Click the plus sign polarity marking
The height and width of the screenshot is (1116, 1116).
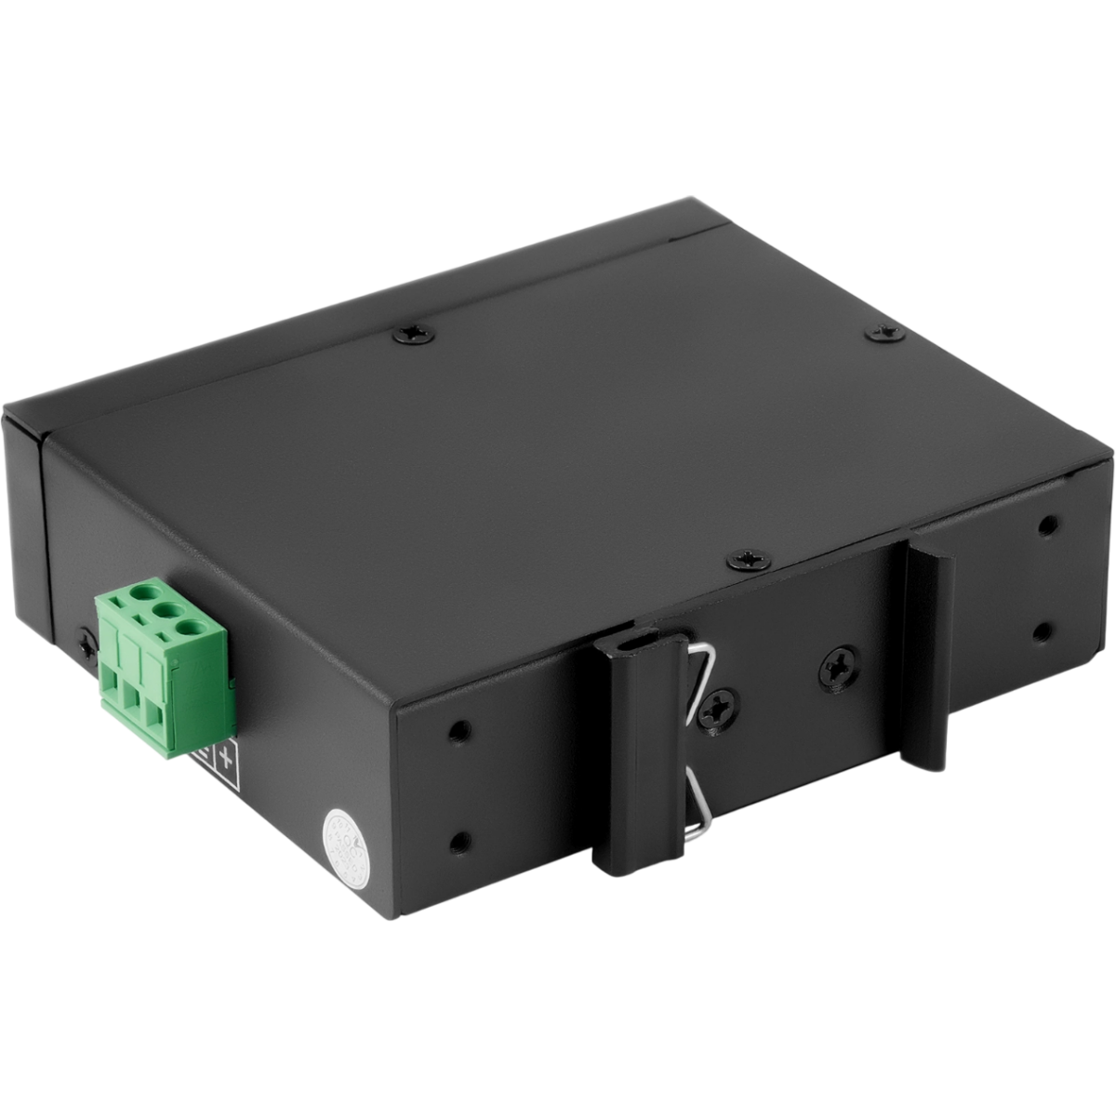point(223,757)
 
